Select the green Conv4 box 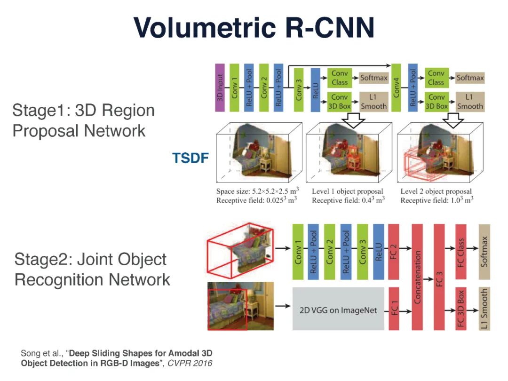tap(396, 88)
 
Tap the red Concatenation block tap(418, 277)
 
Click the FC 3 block tap(439, 277)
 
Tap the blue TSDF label tap(190, 159)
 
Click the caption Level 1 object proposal tap(347, 191)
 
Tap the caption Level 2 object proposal tap(436, 191)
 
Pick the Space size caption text tap(257, 191)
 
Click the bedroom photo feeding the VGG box tap(240, 306)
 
